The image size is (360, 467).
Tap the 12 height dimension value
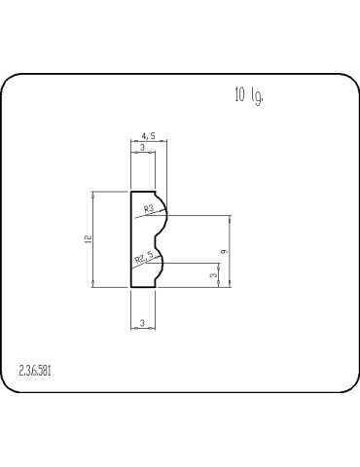pyautogui.click(x=88, y=238)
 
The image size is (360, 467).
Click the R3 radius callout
pyautogui.click(x=149, y=208)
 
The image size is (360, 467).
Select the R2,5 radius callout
pyautogui.click(x=144, y=258)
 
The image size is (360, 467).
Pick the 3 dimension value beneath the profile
pyautogui.click(x=142, y=321)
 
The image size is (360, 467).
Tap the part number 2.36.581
pyautogui.click(x=37, y=370)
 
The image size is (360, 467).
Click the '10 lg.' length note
pyautogui.click(x=248, y=95)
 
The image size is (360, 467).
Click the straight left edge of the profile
pyautogui.click(x=131, y=238)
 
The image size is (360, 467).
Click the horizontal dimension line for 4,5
pyautogui.click(x=149, y=143)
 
